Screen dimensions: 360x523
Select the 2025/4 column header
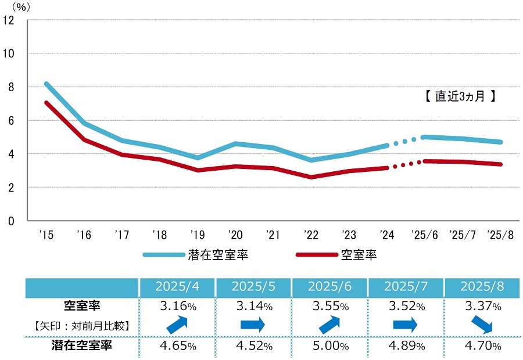tap(177, 287)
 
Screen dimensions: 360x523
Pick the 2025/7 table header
tap(406, 287)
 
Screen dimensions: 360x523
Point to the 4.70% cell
tap(482, 347)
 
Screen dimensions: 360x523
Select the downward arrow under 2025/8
tap(482, 325)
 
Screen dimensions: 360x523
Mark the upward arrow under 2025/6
tap(330, 325)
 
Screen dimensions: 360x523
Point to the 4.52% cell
tap(253, 347)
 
